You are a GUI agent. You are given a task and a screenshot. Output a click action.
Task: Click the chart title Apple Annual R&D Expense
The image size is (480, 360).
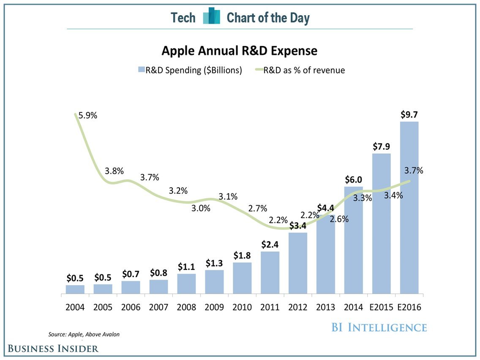coord(240,51)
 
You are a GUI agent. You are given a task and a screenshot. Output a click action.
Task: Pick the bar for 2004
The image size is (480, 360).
coord(75,289)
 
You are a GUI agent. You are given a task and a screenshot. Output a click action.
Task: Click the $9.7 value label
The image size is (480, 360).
coord(409,115)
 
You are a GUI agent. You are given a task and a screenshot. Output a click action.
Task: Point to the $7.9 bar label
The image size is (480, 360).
coord(381,146)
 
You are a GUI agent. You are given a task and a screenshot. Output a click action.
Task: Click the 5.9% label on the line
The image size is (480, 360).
coord(88,115)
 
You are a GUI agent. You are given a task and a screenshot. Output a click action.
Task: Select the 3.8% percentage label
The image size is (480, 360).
coord(114,171)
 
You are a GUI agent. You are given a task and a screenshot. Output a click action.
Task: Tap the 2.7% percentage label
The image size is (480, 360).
coord(258,208)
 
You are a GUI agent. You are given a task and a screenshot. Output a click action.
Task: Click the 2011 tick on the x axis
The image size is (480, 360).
coord(270,307)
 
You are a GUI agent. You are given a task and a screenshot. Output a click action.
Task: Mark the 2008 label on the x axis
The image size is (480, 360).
coord(187,307)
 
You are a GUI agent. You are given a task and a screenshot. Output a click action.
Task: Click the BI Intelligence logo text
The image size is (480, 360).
coord(379,327)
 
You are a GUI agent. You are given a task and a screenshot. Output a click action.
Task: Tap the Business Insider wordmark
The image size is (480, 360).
coord(53,349)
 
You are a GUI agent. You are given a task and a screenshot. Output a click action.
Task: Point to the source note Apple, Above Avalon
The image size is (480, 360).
coord(84,334)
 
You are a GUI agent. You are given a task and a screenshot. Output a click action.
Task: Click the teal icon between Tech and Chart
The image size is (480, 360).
coord(212,16)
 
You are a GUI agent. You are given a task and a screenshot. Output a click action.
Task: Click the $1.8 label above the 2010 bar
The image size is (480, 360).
coord(242,255)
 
